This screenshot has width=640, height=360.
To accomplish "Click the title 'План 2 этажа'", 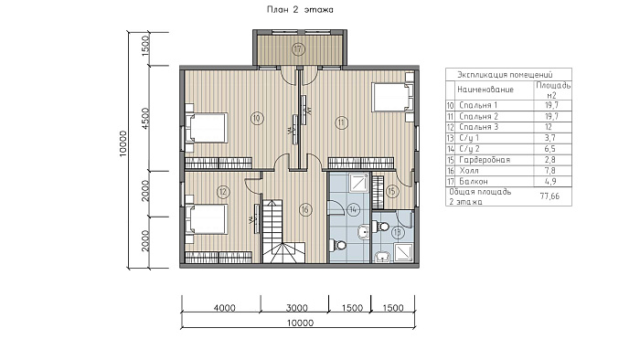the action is click(x=300, y=9).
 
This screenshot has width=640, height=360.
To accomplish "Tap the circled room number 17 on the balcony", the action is click(x=299, y=49).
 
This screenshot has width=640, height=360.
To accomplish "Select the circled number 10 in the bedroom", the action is click(x=256, y=119).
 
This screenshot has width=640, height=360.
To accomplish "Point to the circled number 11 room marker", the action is click(x=341, y=122).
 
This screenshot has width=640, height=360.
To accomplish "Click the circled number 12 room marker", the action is click(x=223, y=192).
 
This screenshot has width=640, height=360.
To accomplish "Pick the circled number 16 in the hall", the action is click(x=304, y=210).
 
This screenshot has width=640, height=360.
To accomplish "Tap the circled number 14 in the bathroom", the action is click(x=353, y=210).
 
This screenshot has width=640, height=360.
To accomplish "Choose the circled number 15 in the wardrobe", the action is click(x=392, y=191).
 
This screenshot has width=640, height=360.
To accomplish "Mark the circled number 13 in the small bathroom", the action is click(x=398, y=233).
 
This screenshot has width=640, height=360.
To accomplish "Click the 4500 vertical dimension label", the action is click(x=145, y=118).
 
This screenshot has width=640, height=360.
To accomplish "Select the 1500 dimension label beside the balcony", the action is click(x=145, y=46).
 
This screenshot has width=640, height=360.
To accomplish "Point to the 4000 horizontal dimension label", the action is click(x=225, y=308).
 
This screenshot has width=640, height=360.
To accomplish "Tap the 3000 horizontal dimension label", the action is click(x=297, y=308).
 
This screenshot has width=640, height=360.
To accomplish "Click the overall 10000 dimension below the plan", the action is click(x=300, y=323).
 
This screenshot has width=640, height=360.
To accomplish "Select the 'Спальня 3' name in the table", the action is click(x=478, y=127).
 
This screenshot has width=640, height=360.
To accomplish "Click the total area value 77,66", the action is click(x=549, y=196).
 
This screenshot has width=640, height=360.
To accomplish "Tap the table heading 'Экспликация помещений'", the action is click(x=505, y=75).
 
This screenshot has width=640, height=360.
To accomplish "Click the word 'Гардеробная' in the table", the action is click(x=485, y=160).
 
